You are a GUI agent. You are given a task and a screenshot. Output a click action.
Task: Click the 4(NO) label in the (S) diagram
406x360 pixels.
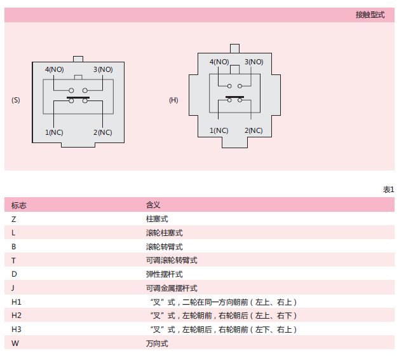click(55, 69)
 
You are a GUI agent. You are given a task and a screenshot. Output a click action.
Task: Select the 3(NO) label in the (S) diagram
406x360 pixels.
click(103, 69)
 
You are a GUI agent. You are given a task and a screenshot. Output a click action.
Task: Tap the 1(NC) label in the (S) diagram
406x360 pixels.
click(54, 132)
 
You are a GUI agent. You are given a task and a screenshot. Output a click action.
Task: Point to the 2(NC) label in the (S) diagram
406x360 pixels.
click(103, 132)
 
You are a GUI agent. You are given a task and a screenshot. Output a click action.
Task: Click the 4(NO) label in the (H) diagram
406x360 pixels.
click(219, 62)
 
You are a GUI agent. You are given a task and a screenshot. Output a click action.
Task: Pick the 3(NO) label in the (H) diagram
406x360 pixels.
click(254, 62)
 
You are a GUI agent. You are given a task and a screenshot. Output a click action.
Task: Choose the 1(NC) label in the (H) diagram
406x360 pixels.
click(219, 130)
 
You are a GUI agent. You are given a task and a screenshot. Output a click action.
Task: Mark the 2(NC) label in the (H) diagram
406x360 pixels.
click(254, 130)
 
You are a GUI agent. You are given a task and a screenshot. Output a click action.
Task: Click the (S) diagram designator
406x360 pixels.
click(16, 100)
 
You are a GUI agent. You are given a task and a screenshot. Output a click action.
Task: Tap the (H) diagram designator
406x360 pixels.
click(173, 100)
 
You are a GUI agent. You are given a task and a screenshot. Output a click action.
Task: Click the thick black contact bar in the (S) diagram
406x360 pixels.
click(78, 98)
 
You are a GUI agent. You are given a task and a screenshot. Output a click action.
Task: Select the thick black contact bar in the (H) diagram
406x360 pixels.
click(234, 97)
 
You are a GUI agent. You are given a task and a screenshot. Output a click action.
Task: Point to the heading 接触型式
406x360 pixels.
click(370, 15)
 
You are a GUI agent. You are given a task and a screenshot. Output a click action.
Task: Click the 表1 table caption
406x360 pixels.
click(389, 190)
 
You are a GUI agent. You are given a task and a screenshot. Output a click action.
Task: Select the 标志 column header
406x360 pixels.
click(19, 205)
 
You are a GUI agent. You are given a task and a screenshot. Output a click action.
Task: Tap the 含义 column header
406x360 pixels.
click(153, 205)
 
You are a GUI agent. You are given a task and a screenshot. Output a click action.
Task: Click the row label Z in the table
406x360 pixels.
click(14, 219)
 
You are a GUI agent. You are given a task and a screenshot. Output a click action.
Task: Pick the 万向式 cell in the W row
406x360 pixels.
click(157, 343)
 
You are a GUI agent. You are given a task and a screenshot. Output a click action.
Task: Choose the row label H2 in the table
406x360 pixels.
click(17, 315)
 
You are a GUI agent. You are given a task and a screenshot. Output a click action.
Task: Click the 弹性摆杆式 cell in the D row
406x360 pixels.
click(165, 274)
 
